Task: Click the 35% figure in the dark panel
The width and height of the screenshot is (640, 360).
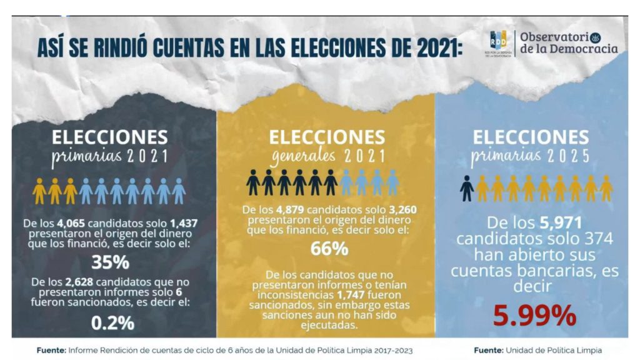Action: click(x=110, y=261)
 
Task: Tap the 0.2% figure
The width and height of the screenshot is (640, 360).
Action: click(x=112, y=322)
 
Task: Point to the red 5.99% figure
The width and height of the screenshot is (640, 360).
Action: click(x=534, y=316)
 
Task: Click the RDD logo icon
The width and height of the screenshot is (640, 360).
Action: click(x=499, y=42)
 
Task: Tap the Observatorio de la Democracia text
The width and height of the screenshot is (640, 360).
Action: click(x=568, y=42)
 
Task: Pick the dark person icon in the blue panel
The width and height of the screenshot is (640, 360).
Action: click(x=466, y=187)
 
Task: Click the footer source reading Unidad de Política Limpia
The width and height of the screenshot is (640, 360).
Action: click(x=537, y=351)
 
